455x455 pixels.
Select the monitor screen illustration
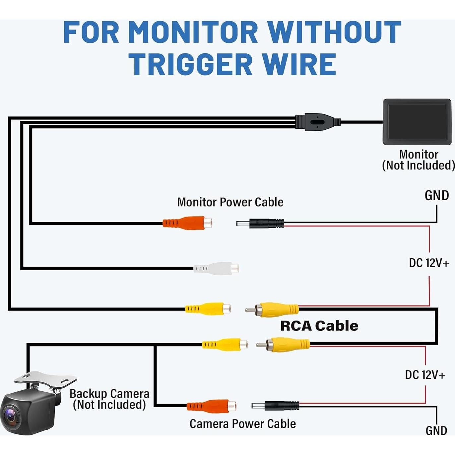coord(417,121)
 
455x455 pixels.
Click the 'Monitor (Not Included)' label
coord(418,160)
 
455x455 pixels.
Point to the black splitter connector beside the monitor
coord(317,122)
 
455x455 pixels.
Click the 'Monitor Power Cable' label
coord(230,202)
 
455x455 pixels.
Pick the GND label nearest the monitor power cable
coord(436,196)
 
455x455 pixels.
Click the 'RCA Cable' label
coord(319,326)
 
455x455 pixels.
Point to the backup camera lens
coord(10,416)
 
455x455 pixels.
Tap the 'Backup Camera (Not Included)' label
coord(109,399)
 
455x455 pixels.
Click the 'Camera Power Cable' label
coord(242,424)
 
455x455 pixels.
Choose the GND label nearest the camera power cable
coord(436,430)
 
